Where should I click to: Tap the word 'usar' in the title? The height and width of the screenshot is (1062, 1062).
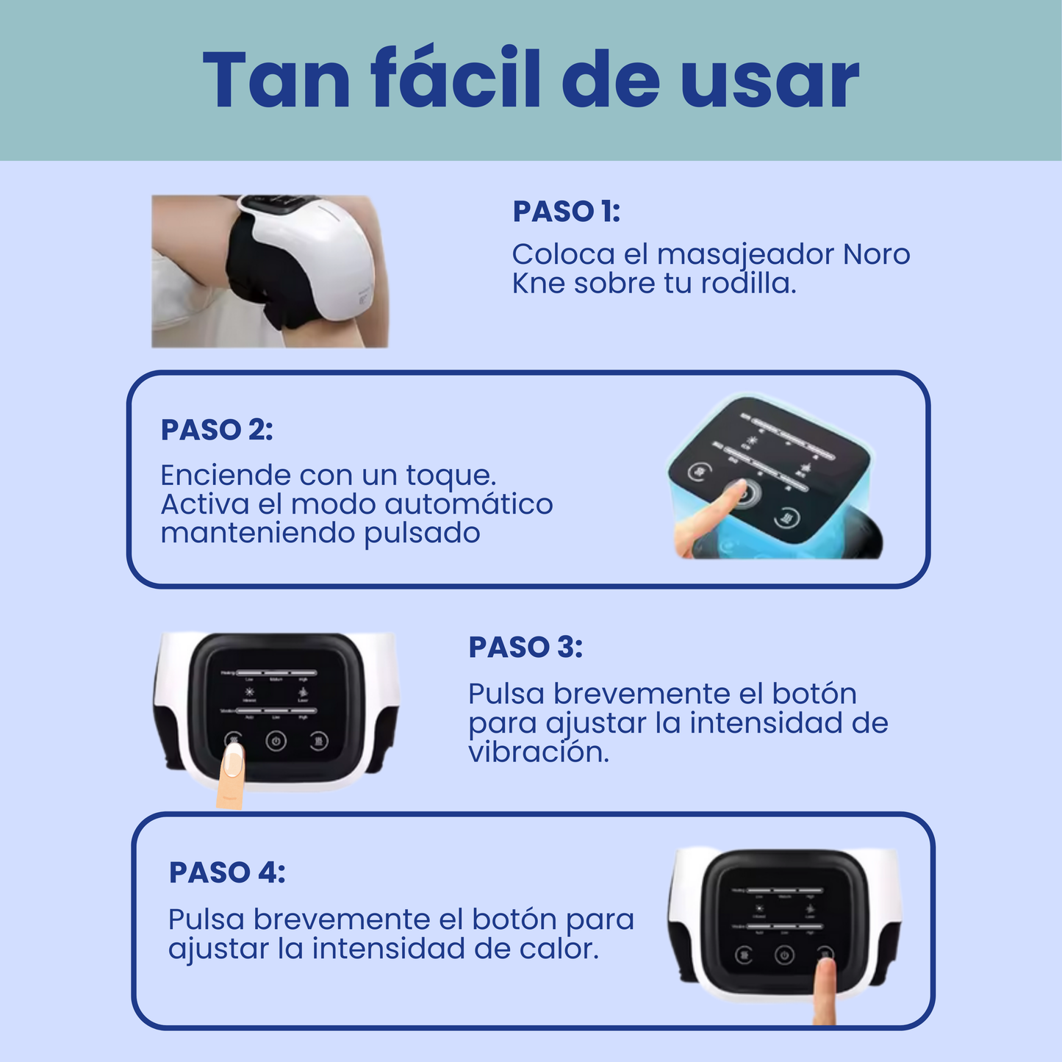click(x=769, y=82)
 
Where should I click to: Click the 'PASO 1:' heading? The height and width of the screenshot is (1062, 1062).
click(x=566, y=212)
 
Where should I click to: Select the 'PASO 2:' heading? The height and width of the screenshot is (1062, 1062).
click(x=217, y=430)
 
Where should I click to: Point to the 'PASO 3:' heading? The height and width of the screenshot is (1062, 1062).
click(x=525, y=647)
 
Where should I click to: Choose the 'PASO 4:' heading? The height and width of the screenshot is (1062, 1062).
click(x=227, y=872)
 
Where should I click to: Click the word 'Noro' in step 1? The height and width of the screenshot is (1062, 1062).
click(x=876, y=254)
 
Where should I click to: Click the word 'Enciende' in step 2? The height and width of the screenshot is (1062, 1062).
click(x=225, y=476)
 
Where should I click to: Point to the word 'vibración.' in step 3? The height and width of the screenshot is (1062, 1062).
click(x=539, y=752)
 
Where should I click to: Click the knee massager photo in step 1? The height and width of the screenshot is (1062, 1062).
click(x=270, y=270)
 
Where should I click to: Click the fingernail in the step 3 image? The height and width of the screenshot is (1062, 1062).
click(x=233, y=759)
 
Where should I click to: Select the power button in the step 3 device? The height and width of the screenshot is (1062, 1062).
click(x=276, y=741)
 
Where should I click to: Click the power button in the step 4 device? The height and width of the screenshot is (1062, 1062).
click(x=784, y=955)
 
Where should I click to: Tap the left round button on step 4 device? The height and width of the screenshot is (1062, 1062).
click(x=744, y=955)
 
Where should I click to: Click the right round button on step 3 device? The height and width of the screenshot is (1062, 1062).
click(x=318, y=741)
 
